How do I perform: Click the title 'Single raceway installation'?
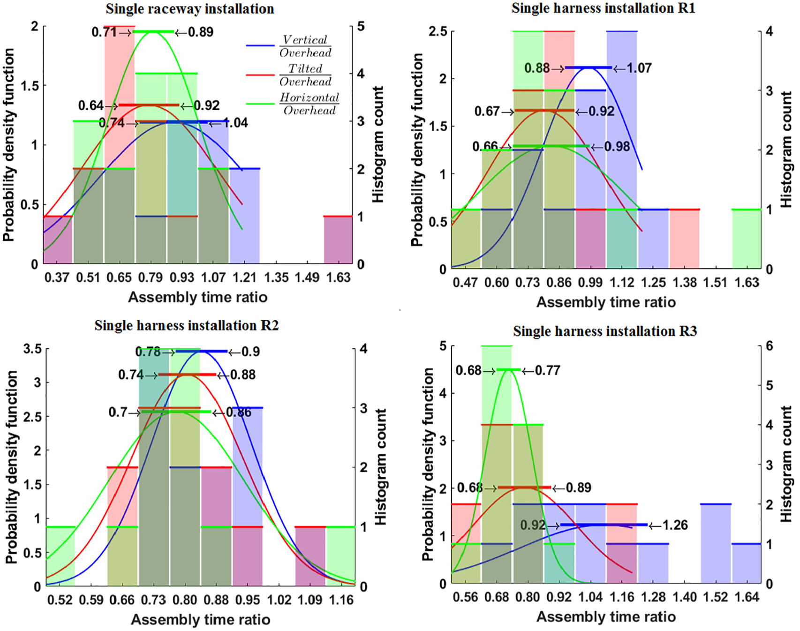(190, 8)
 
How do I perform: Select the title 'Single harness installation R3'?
(605, 331)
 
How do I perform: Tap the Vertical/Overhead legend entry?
(290, 46)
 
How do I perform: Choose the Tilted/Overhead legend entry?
(290, 75)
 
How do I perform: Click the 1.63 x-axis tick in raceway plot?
(338, 278)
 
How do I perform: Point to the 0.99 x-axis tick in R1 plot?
(590, 283)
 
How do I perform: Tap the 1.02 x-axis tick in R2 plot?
(279, 600)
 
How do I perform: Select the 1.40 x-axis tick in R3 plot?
(684, 597)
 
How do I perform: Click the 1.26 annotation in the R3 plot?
(675, 525)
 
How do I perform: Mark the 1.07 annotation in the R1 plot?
(639, 68)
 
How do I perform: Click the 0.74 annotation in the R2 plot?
(131, 375)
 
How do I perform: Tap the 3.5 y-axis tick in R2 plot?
(32, 349)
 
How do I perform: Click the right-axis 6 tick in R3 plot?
(769, 346)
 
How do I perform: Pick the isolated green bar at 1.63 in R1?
(746, 239)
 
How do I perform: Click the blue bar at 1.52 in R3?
(716, 544)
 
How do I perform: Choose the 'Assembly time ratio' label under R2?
(201, 620)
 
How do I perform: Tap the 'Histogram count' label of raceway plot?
(378, 144)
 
